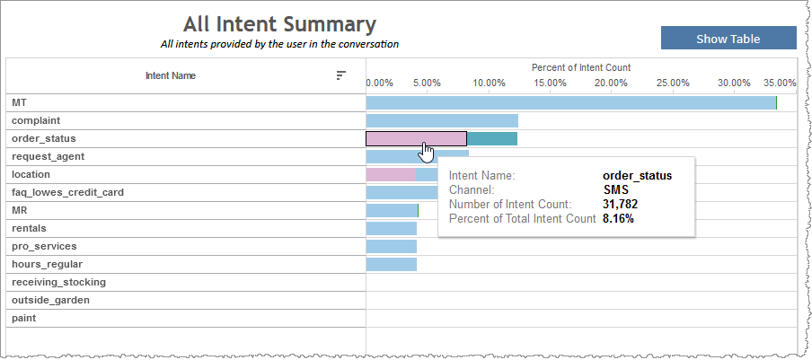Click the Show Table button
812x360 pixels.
[x=728, y=39]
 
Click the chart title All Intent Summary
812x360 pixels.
[x=279, y=24]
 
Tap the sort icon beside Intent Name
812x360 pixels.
[x=340, y=75]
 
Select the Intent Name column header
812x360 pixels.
[x=171, y=75]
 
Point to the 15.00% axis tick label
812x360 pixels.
[x=550, y=83]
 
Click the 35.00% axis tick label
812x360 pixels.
[x=780, y=83]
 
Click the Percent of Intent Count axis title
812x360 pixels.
[x=581, y=67]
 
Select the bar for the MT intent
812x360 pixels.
[x=570, y=103]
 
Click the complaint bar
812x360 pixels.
[x=442, y=120]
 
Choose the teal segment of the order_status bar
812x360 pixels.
[x=492, y=138]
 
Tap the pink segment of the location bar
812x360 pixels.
[x=391, y=174]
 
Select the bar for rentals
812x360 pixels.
[x=392, y=228]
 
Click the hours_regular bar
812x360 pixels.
[x=392, y=264]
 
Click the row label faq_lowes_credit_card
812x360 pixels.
[x=67, y=192]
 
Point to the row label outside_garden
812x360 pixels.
[x=50, y=300]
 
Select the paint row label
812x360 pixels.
[x=24, y=318]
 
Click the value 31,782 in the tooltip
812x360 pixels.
[x=620, y=205]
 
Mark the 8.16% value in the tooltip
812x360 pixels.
[x=618, y=218]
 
